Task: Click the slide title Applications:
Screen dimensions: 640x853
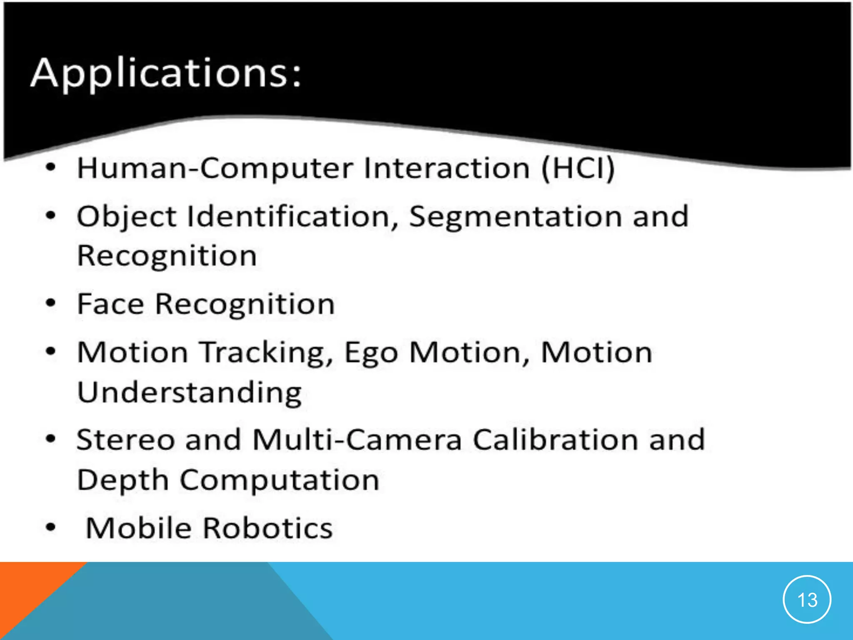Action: tap(166, 74)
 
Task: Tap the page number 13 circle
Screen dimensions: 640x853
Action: tap(807, 600)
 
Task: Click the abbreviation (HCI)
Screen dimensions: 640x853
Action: tap(578, 168)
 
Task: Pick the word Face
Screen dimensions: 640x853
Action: tap(110, 304)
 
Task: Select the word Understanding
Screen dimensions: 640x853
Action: tap(190, 392)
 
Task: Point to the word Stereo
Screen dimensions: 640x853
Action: tap(125, 440)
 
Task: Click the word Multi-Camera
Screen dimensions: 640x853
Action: tap(357, 440)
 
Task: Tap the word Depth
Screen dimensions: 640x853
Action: tap(122, 480)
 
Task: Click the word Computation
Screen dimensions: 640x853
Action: tap(279, 480)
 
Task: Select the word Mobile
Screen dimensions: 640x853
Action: tap(138, 528)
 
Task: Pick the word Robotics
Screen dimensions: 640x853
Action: tap(268, 528)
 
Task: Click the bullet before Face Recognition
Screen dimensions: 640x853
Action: tap(50, 303)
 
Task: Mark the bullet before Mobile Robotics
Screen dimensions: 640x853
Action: tap(50, 527)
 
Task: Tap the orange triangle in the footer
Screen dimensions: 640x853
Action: tap(25, 592)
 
